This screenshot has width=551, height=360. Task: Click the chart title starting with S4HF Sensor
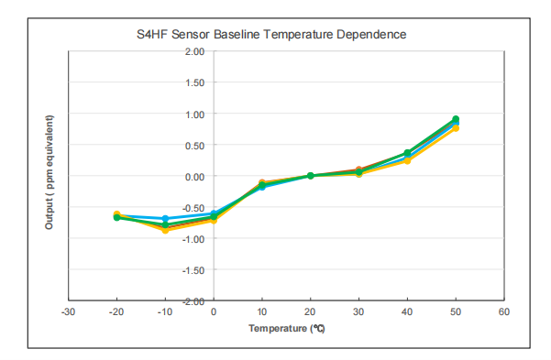tap(270, 34)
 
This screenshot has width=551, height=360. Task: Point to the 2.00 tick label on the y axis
tap(193, 52)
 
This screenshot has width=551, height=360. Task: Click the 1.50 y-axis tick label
tap(193, 83)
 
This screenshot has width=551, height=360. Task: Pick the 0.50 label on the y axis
tap(193, 146)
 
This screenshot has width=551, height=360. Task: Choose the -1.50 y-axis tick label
tap(193, 270)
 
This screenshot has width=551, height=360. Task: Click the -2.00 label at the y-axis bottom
tap(193, 301)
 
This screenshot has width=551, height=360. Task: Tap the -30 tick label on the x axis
tap(68, 312)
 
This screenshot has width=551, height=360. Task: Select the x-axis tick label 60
tap(503, 312)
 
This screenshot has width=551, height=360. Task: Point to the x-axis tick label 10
tap(262, 312)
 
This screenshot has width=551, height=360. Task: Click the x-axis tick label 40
tap(407, 312)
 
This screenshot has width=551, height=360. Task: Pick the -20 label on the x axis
tap(116, 312)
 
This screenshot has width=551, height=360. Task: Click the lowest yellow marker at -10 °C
tap(165, 230)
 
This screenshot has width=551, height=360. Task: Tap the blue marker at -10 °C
tap(165, 219)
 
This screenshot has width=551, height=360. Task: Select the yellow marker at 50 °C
tap(456, 128)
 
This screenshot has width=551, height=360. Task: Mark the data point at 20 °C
tap(311, 176)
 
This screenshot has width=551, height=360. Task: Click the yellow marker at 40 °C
tap(407, 160)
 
